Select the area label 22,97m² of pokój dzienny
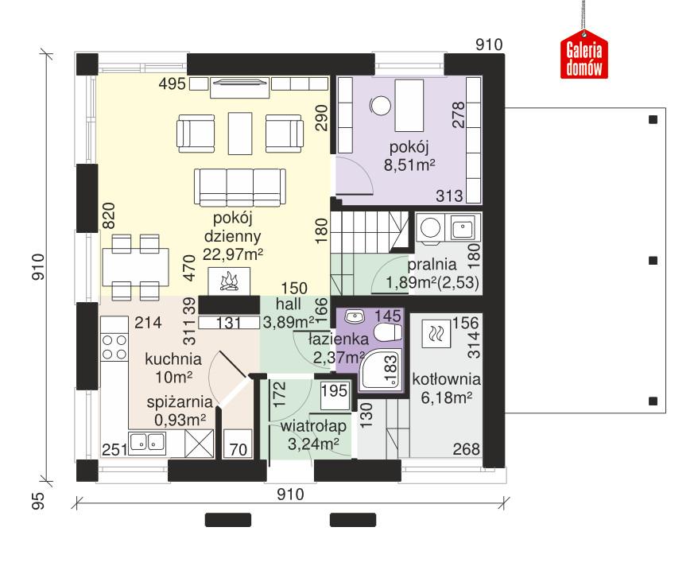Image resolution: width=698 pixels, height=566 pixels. pyautogui.click(x=233, y=254)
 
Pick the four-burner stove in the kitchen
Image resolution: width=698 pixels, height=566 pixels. pyautogui.click(x=114, y=347)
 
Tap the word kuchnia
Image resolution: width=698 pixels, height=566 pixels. pyautogui.click(x=173, y=359)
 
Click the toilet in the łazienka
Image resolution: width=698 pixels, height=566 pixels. pyautogui.click(x=387, y=333)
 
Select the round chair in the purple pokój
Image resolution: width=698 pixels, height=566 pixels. pyautogui.click(x=380, y=104)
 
